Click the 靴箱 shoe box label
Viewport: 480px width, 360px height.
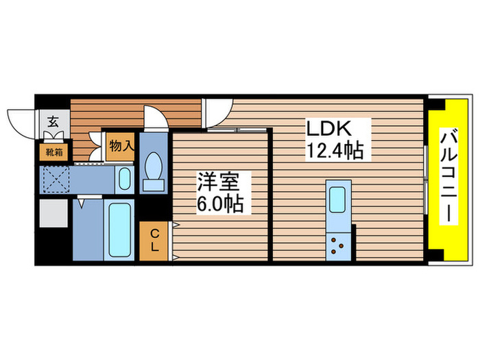(54, 152)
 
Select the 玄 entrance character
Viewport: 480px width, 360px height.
(52, 123)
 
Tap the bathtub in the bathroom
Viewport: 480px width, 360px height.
(120, 230)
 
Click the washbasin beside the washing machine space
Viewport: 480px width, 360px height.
(124, 180)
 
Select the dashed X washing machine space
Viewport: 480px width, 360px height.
(54, 180)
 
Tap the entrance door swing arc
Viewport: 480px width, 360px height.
(21, 119)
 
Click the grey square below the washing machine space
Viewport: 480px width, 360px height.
(53, 214)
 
